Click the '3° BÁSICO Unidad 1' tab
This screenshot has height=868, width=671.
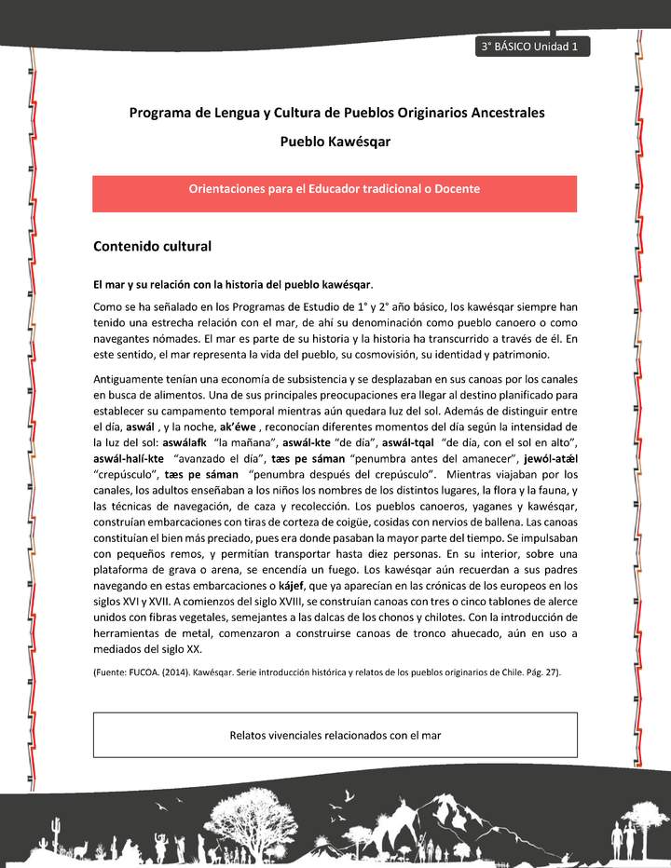click(x=531, y=47)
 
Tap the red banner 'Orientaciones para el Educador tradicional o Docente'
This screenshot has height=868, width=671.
click(x=335, y=189)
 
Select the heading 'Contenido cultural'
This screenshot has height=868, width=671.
click(x=153, y=247)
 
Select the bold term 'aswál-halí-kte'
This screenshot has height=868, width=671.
click(x=130, y=459)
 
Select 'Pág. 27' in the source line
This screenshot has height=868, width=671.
click(x=534, y=671)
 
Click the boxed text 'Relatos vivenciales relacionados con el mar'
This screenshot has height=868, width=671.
click(x=335, y=735)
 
